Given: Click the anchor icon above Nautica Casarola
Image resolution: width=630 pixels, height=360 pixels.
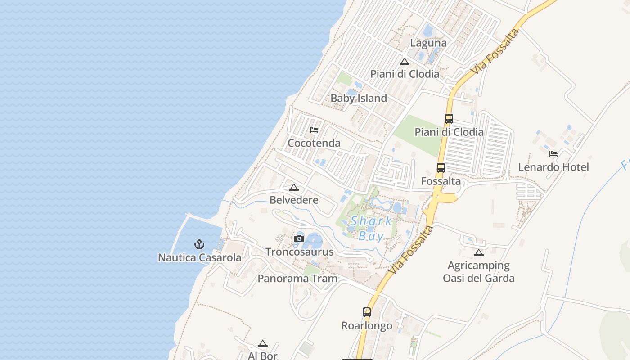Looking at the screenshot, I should point(199,244).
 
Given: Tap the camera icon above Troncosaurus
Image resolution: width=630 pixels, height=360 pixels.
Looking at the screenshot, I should point(299,238).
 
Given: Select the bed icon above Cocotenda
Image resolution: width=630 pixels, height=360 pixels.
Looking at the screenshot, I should point(314,130).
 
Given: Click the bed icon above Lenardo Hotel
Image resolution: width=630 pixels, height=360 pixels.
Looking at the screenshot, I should point(553,153).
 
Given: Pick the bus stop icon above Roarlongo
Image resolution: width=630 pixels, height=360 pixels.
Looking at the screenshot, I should point(367,312).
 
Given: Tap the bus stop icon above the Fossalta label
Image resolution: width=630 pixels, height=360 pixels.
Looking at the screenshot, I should point(441,168).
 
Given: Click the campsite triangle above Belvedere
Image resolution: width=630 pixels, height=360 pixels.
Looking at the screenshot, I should point(294,187).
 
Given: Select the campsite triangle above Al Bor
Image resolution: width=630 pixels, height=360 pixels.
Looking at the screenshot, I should point(263,343).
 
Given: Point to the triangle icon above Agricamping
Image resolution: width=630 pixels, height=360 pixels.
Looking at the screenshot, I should point(478,252).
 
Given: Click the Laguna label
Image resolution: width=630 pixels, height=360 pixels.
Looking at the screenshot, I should point(428,43).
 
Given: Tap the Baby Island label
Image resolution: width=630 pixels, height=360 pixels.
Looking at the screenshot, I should point(359,98).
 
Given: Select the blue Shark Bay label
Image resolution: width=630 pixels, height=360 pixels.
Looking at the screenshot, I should point(371,229).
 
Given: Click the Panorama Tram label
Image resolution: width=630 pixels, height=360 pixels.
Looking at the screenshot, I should point(297,279).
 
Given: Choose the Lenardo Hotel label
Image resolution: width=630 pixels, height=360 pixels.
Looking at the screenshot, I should point(553,167).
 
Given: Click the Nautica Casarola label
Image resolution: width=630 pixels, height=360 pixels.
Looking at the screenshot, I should point(199,258).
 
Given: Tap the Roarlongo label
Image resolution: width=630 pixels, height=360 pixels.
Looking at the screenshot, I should point(367,325).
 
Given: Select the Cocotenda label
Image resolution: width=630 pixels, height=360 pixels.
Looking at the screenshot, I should point(314,143).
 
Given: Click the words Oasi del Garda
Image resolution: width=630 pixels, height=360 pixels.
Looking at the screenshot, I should point(478,278).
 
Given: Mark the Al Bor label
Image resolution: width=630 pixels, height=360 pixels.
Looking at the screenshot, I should point(263,355).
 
